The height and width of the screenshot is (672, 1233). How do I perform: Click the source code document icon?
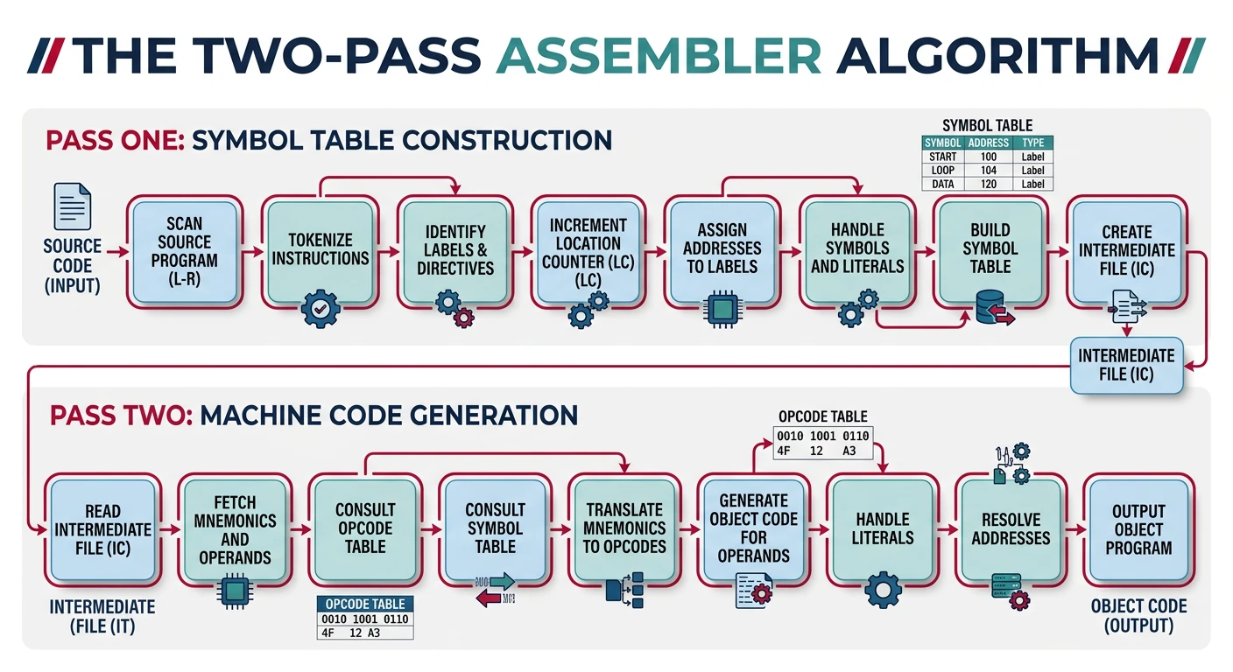pyautogui.click(x=73, y=206)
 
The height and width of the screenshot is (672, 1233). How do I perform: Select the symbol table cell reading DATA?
pyautogui.click(x=943, y=185)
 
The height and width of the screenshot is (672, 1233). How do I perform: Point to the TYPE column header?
pyautogui.click(x=1032, y=143)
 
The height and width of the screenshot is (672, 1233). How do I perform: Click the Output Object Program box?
pyautogui.click(x=1138, y=528)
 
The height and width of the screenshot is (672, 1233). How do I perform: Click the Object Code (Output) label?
pyautogui.click(x=1138, y=615)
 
